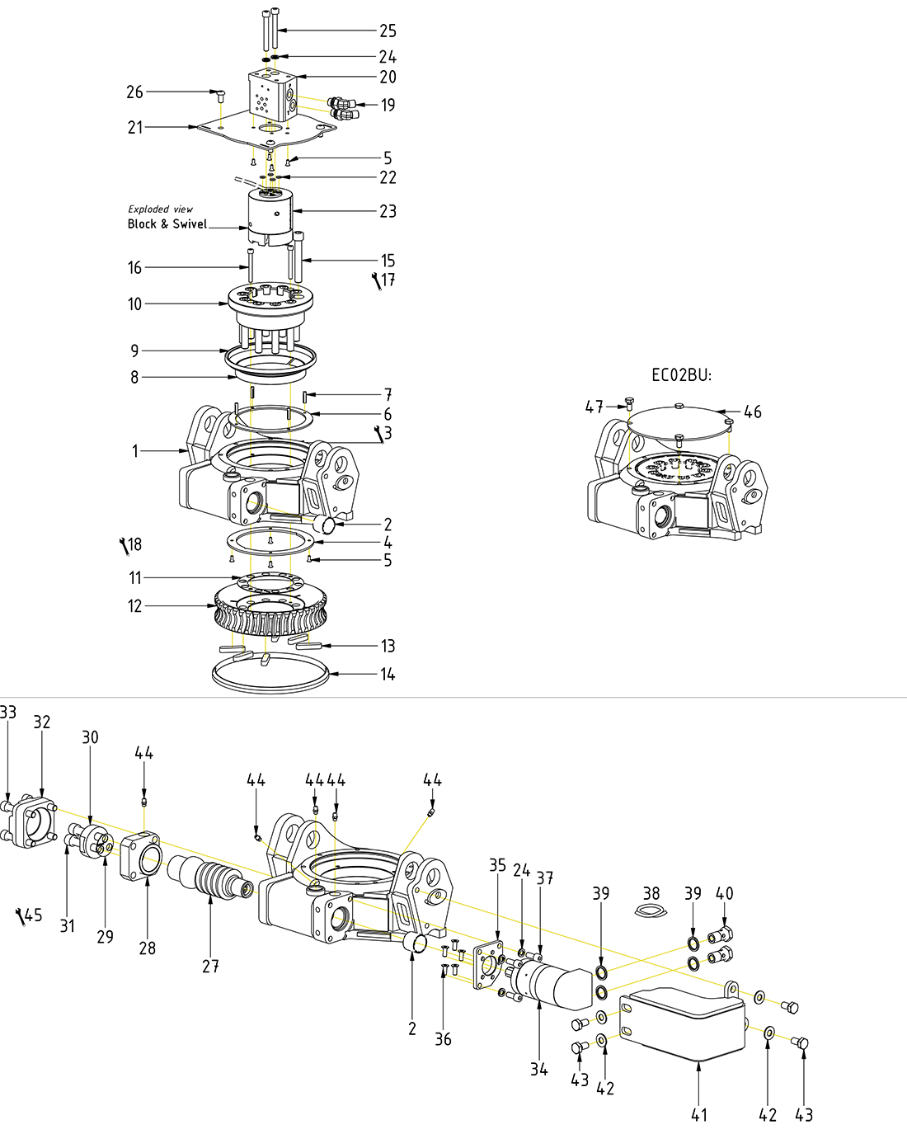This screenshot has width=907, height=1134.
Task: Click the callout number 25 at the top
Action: pyautogui.click(x=388, y=31)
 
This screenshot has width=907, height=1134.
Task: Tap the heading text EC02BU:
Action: pyautogui.click(x=681, y=375)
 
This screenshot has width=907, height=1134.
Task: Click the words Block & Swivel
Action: pyautogui.click(x=167, y=224)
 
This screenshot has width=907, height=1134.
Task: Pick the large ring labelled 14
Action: pyautogui.click(x=270, y=674)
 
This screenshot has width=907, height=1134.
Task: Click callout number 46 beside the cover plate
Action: pyautogui.click(x=752, y=412)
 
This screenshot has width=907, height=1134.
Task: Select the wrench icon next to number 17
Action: pyautogui.click(x=378, y=281)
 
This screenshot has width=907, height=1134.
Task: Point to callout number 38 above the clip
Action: pyautogui.click(x=651, y=893)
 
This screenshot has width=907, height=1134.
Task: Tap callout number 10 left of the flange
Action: pyautogui.click(x=135, y=303)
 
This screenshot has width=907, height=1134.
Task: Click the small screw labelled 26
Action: pyautogui.click(x=221, y=96)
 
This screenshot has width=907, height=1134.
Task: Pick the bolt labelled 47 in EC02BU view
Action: pyautogui.click(x=629, y=404)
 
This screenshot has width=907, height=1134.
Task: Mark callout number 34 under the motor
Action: pyautogui.click(x=539, y=1069)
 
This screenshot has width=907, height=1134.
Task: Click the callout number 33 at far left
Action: pyautogui.click(x=8, y=713)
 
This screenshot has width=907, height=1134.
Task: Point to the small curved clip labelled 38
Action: pyautogui.click(x=651, y=910)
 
